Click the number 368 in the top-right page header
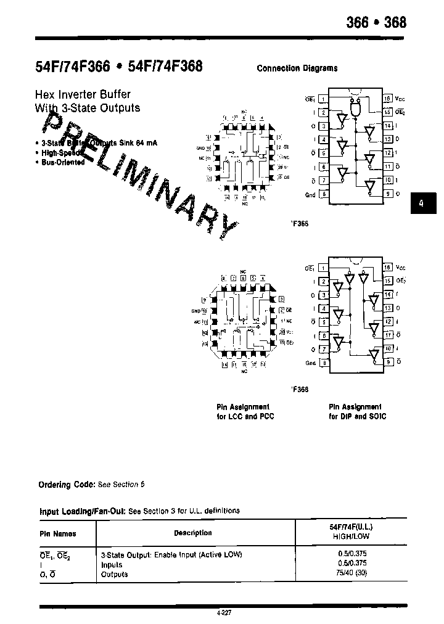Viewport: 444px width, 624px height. coord(395,22)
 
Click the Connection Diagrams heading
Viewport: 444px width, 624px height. coord(297,68)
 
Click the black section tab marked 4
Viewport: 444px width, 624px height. coord(421,203)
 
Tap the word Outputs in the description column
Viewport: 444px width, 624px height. coord(114,574)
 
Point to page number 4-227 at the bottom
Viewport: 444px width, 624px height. coord(225,613)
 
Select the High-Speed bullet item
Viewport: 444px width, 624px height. coord(60,152)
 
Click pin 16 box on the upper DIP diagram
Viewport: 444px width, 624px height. coord(387,99)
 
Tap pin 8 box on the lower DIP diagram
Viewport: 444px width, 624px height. coord(323,363)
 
